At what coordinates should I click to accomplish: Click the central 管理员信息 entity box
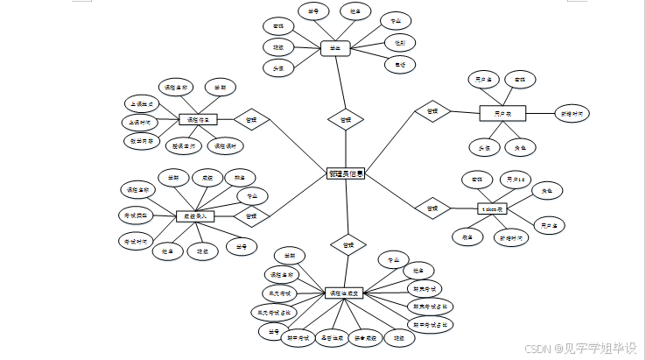[x=346, y=175]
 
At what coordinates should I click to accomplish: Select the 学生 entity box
[x=335, y=49]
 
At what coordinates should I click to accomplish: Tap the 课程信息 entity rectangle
[x=198, y=119]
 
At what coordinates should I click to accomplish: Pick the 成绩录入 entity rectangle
[x=195, y=215]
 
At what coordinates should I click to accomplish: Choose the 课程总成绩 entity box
[x=346, y=293]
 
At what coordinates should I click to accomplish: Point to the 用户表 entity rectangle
[x=502, y=113]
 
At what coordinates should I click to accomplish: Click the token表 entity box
[x=494, y=208]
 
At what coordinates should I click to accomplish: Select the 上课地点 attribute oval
[x=142, y=103]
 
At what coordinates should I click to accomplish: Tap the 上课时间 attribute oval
[x=140, y=122]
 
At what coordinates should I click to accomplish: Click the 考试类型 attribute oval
[x=136, y=214]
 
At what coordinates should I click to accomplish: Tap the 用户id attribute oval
[x=513, y=180]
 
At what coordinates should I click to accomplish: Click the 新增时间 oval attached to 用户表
[x=573, y=113]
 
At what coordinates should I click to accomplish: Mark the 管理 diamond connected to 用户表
[x=432, y=112]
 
